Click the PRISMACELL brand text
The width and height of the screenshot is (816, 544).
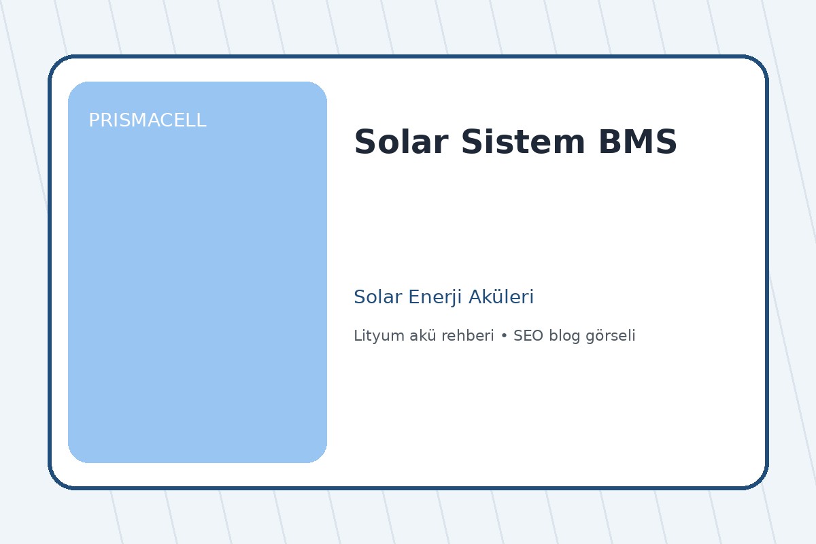[147, 120]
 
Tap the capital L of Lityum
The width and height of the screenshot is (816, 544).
[357, 336]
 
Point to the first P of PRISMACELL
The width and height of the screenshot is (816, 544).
[94, 120]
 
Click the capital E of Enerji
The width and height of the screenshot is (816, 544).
[411, 297]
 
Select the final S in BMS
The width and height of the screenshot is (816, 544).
[666, 143]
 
